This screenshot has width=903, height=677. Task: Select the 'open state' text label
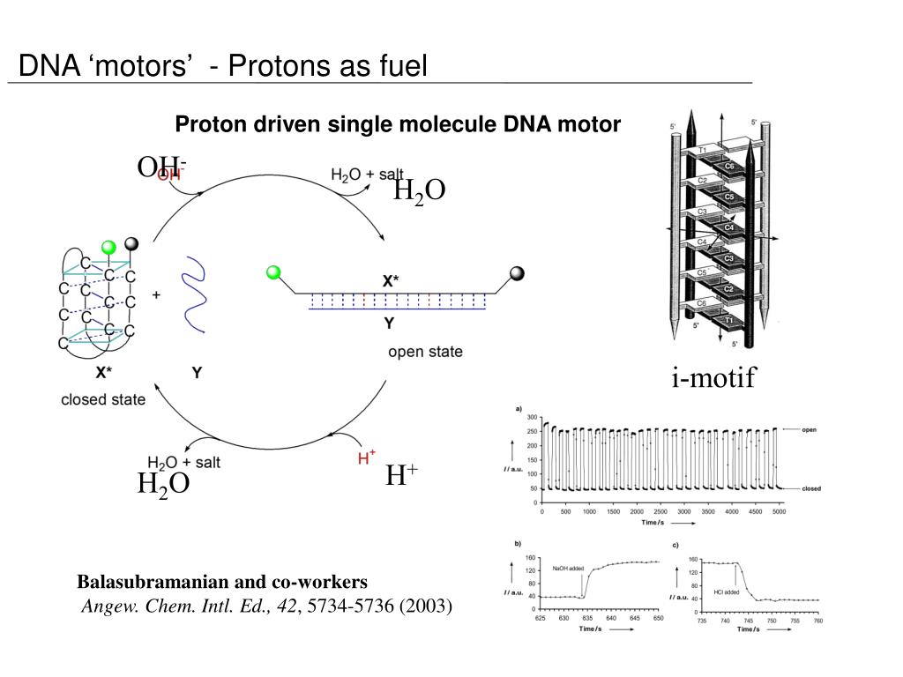tap(425, 352)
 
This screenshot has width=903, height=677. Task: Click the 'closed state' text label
tap(103, 399)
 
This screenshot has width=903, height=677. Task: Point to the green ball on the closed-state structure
tap(108, 247)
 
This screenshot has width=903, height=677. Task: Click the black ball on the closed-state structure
tap(132, 243)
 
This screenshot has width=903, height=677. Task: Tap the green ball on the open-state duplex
tap(273, 272)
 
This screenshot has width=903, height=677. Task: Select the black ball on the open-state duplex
tap(517, 273)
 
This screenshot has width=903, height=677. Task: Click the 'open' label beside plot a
tap(809, 430)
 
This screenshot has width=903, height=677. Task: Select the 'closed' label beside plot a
tap(812, 488)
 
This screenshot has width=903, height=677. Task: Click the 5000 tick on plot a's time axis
tap(778, 511)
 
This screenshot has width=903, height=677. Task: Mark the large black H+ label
tap(401, 476)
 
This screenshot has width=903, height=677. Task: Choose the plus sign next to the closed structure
tap(156, 296)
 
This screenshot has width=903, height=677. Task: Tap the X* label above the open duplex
tap(390, 280)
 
